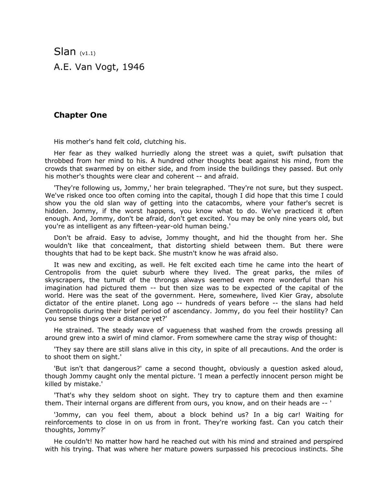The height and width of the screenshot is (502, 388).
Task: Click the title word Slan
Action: pyautogui.click(x=65, y=51)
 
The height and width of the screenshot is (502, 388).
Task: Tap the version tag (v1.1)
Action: pyautogui.click(x=87, y=53)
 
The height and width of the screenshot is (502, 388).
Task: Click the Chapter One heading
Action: pyautogui.click(x=80, y=115)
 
